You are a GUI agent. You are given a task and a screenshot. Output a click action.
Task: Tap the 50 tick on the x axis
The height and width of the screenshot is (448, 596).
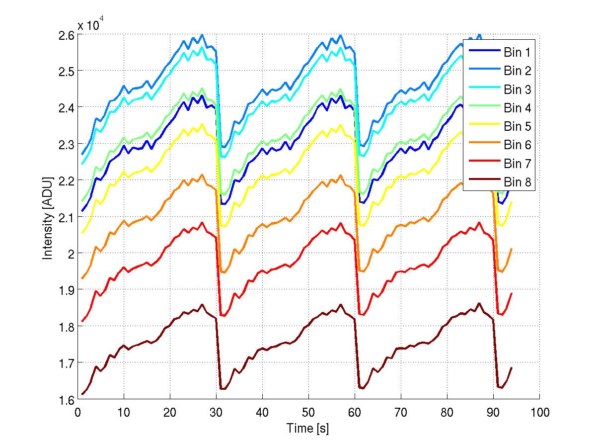(308, 412)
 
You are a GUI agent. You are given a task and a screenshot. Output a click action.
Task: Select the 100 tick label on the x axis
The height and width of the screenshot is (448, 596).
(539, 412)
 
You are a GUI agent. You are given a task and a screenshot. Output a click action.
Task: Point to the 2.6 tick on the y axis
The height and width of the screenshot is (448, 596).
(67, 35)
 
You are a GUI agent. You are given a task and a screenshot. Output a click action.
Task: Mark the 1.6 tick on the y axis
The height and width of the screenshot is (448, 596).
(67, 399)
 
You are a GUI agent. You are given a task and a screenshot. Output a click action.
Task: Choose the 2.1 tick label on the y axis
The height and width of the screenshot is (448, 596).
(67, 217)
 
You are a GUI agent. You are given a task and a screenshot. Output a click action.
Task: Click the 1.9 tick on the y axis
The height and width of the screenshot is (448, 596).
(67, 290)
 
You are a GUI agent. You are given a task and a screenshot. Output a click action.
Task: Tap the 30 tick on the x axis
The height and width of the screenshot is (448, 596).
(216, 412)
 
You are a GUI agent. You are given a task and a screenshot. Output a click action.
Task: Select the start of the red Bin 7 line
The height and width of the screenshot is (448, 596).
(82, 321)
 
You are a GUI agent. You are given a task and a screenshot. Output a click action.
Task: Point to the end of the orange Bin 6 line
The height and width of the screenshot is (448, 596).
(511, 249)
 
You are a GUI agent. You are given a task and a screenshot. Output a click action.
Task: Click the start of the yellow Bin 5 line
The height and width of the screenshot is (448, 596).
(82, 232)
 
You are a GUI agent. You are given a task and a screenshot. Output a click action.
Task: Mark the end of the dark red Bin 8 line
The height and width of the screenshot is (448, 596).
(511, 367)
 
